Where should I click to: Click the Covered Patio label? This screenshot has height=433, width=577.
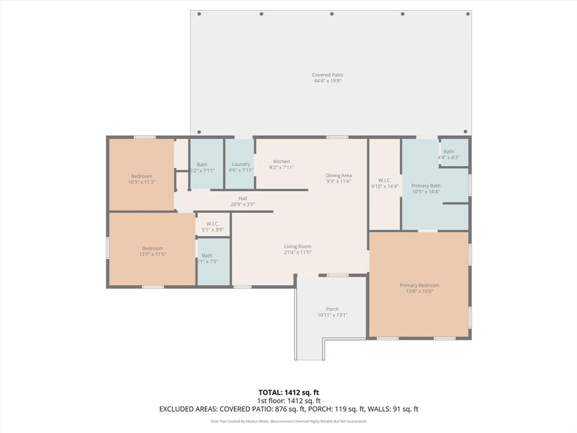pyautogui.click(x=327, y=75)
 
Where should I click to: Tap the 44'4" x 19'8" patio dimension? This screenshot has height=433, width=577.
pyautogui.click(x=327, y=81)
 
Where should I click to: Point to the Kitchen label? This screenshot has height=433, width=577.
pyautogui.click(x=282, y=161)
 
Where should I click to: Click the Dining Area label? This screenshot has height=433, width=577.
pyautogui.click(x=339, y=175)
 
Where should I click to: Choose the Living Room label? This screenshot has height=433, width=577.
pyautogui.click(x=298, y=246)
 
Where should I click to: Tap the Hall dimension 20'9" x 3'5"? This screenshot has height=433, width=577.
pyautogui.click(x=243, y=205)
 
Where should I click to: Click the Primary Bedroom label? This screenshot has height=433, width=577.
pyautogui.click(x=419, y=285)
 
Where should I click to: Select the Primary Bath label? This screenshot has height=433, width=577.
pyautogui.click(x=426, y=185)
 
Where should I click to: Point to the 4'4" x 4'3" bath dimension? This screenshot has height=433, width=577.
pyautogui.click(x=449, y=157)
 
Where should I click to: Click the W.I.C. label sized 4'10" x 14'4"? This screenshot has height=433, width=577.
pyautogui.click(x=385, y=180)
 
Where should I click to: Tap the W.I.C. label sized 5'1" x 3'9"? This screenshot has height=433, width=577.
pyautogui.click(x=212, y=224)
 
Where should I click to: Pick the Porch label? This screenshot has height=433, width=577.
pyautogui.click(x=332, y=309)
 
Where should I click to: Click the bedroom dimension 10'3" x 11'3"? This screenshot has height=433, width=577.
pyautogui.click(x=141, y=182)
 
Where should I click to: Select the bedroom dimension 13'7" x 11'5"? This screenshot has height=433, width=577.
pyautogui.click(x=152, y=254)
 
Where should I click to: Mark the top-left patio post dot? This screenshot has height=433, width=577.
pyautogui.click(x=199, y=14)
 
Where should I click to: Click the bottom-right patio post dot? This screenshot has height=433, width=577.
pyautogui.click(x=465, y=132)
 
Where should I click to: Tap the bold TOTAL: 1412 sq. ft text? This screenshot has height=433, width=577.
pyautogui.click(x=288, y=392)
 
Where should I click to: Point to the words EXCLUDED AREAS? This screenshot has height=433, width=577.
pyautogui.click(x=188, y=409)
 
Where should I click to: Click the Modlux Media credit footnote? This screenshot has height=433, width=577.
pyautogui.click(x=288, y=421)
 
